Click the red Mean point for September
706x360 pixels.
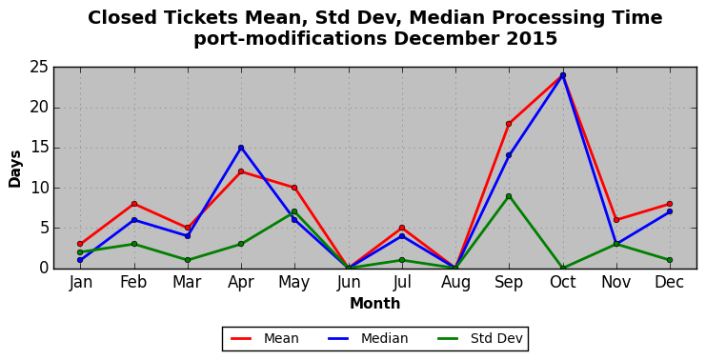[509, 124]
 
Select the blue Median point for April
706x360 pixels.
[241, 148]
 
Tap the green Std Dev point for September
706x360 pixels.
[509, 196]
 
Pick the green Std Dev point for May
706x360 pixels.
[294, 211]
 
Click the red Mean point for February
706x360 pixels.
[133, 204]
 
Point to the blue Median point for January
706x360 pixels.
[80, 260]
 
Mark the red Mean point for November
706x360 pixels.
[616, 220]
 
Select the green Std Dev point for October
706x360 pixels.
[563, 269]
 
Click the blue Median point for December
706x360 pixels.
[670, 211]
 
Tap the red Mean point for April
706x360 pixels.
[241, 171]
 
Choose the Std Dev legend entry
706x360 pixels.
[479, 338]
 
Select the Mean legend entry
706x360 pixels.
[264, 338]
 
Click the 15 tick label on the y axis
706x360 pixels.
[39, 148]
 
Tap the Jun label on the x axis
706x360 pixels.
[349, 283]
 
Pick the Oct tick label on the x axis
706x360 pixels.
[563, 282]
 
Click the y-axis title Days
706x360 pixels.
[15, 169]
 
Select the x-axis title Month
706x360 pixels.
[375, 303]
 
